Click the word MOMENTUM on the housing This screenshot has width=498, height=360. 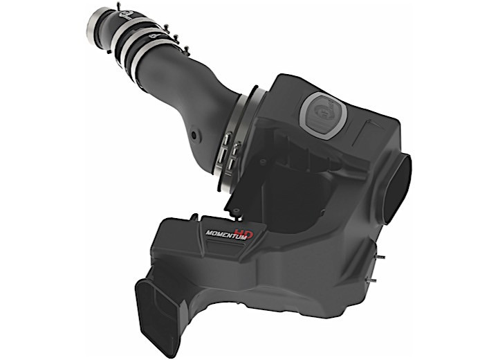coord(225,233)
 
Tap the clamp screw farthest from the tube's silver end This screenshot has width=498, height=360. coord(185,49)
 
